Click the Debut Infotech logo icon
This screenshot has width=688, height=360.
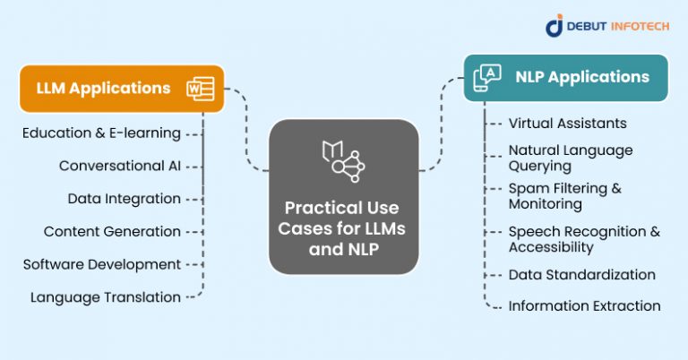coord(555,25)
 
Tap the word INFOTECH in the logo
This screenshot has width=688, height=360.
coord(632,26)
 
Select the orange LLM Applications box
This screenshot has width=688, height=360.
coord(121,88)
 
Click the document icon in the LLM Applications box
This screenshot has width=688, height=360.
coord(200,88)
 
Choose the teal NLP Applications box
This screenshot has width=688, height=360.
coord(565,77)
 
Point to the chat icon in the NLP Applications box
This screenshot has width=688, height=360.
coord(487,77)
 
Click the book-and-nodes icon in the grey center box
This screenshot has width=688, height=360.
coord(344,159)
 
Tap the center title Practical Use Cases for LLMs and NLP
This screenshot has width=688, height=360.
coord(344,227)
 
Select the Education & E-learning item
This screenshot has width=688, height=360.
coord(102,133)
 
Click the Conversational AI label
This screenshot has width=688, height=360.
coord(120,166)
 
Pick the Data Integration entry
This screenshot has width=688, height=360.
coord(125,198)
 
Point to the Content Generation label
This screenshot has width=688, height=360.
coord(112,231)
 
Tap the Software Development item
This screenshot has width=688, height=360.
coord(102,264)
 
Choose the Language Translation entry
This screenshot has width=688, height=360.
coord(106,296)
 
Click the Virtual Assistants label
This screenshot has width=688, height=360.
coord(567,123)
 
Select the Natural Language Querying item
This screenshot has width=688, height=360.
coord(571,158)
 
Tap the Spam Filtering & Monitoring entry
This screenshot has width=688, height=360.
coord(564,195)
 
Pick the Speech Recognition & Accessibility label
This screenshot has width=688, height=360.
coord(584,238)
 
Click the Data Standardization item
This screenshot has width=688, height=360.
coord(581,274)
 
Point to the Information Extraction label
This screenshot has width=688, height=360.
coord(584,305)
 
